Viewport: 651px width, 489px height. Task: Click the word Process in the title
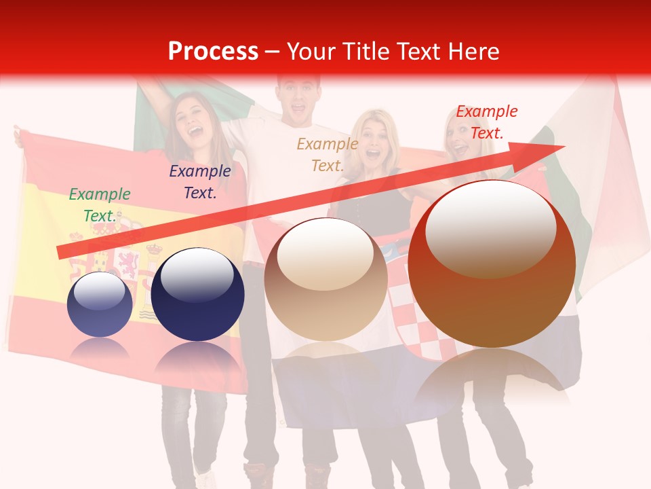[213, 52]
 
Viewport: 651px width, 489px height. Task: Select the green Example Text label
[100, 204]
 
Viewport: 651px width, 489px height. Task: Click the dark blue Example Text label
[199, 181]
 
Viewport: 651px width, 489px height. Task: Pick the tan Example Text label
[328, 154]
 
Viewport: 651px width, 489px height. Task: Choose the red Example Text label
[486, 122]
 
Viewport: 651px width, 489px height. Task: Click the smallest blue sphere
[100, 306]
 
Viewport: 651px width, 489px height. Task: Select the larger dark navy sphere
[197, 295]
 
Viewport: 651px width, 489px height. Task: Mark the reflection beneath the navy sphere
[197, 360]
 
